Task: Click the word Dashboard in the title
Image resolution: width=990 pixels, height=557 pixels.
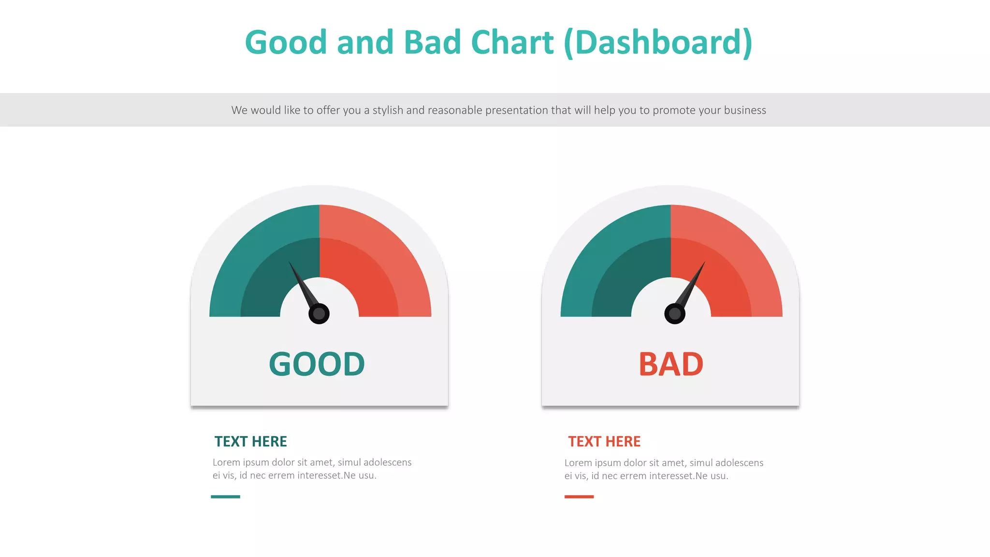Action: pos(658,43)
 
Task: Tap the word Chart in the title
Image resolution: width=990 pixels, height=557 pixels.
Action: pos(512,43)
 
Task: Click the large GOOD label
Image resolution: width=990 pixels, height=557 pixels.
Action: pos(317,364)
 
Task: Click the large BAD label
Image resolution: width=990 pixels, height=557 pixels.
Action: pos(670,364)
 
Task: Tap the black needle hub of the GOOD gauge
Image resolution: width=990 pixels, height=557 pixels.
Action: pos(319,314)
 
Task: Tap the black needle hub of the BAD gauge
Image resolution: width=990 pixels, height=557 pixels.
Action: pos(675,314)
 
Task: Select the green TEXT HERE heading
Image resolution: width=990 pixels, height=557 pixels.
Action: pos(250,441)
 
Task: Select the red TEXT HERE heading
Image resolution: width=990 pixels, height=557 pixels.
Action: pos(604,441)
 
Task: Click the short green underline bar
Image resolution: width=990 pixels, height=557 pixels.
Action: pos(225,497)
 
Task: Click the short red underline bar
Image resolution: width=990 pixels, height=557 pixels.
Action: pos(579,497)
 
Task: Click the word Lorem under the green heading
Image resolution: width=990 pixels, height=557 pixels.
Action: pos(226,463)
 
